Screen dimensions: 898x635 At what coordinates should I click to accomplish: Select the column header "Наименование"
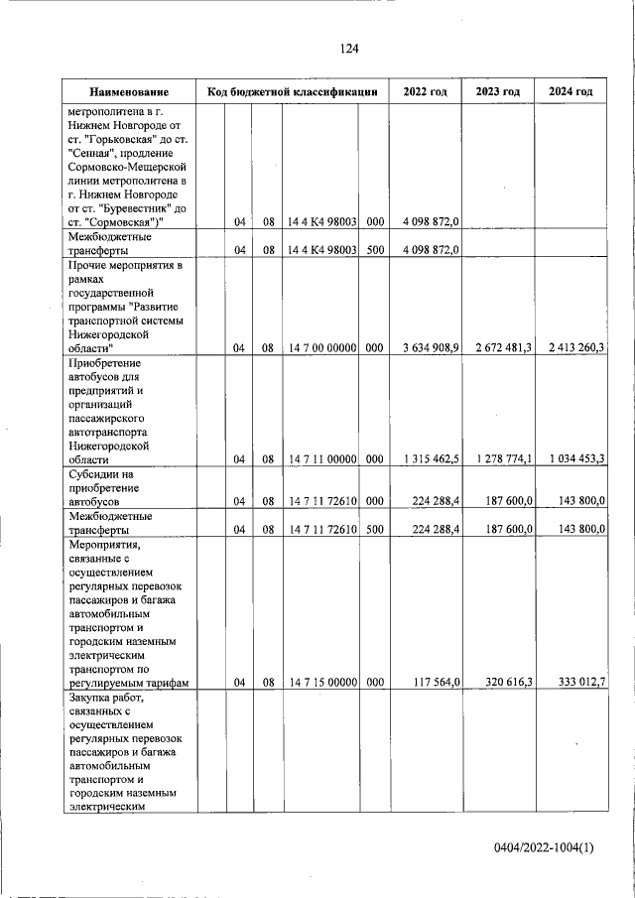click(127, 92)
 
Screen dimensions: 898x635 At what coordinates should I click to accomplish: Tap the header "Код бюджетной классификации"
click(293, 92)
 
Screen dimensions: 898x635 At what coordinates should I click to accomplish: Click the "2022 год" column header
click(425, 92)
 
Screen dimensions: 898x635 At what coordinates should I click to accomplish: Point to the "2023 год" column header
click(498, 92)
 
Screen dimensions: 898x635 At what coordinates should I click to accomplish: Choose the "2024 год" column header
click(571, 92)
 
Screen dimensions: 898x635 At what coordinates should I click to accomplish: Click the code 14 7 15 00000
click(322, 683)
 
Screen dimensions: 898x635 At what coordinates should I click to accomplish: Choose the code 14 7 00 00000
click(322, 348)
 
